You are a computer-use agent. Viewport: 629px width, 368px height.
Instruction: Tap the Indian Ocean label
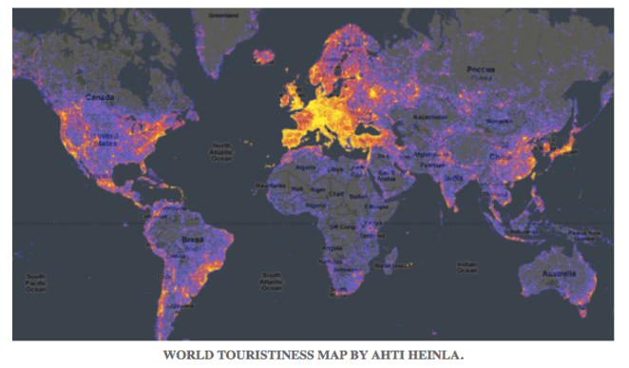pos(467,268)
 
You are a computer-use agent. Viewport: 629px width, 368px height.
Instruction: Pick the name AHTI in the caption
pos(398,357)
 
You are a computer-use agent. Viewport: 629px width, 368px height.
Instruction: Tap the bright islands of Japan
pos(566,143)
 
